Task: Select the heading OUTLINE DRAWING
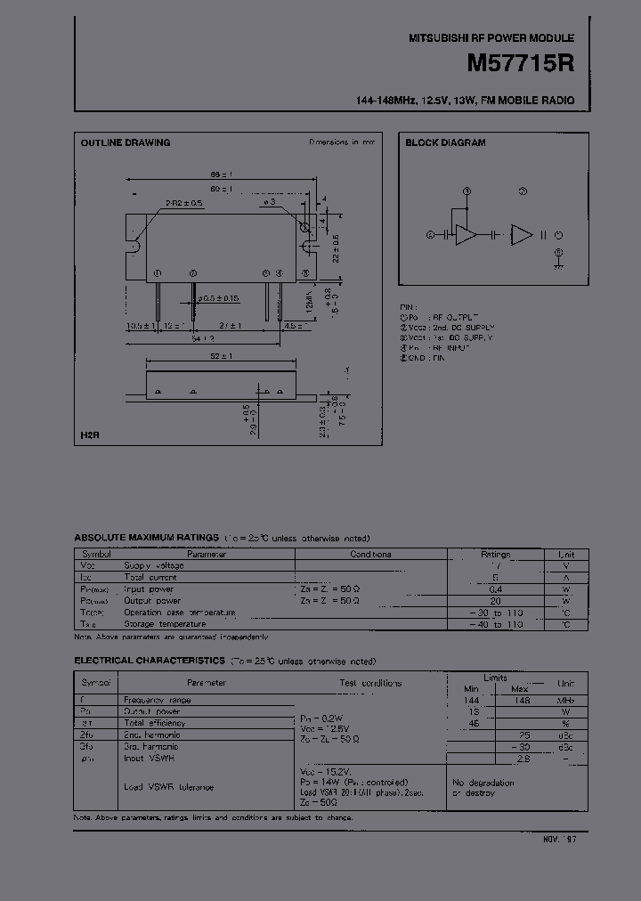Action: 126,142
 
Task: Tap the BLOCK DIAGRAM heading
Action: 445,142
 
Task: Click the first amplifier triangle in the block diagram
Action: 465,235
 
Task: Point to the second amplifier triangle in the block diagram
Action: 521,235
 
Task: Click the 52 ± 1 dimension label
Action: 222,356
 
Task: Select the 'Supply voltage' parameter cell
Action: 154,565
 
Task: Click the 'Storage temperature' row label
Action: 166,625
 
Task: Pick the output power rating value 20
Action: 495,601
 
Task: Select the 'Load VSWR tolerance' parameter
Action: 168,787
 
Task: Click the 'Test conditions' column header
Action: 369,683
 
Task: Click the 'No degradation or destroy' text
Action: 483,787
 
